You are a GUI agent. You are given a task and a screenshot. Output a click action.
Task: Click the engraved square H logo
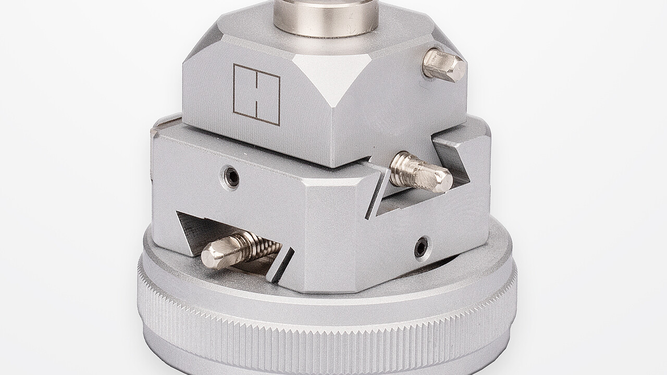(x=257, y=95)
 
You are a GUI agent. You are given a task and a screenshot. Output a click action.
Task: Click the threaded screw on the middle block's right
(x=421, y=172)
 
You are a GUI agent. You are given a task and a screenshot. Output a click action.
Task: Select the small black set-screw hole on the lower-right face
(x=422, y=246)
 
